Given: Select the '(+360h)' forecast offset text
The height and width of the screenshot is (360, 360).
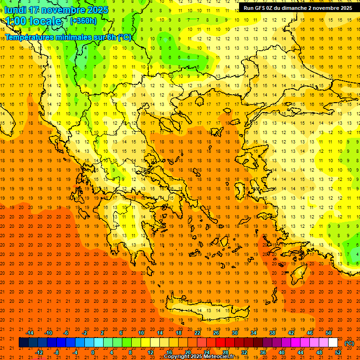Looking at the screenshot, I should click(x=83, y=21).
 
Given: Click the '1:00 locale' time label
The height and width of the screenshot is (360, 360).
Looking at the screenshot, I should click(x=33, y=21).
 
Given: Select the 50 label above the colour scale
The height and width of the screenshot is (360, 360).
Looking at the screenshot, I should click(x=329, y=333).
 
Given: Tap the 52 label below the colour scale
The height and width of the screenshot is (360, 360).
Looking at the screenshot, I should click(x=338, y=352).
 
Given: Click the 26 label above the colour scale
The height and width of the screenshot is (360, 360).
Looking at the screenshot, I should click(x=216, y=333).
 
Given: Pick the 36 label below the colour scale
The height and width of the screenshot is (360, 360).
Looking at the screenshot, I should click(x=263, y=352).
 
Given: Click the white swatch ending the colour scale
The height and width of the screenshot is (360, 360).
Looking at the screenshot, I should click(x=333, y=343).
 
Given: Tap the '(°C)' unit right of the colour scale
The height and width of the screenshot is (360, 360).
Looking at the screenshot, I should click(x=349, y=343).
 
